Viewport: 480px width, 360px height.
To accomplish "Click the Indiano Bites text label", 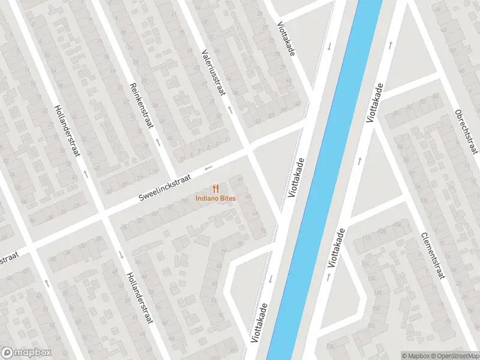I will pos(215,199).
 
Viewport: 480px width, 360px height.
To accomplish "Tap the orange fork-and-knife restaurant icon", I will pos(215,188).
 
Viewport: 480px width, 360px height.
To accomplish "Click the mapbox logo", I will pos(25,352).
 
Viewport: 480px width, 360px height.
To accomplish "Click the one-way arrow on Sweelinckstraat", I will pos(208,167).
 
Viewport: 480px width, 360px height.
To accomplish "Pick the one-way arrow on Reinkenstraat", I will pos(158,143).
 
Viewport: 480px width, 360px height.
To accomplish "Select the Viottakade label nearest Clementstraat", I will pos(338,248).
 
